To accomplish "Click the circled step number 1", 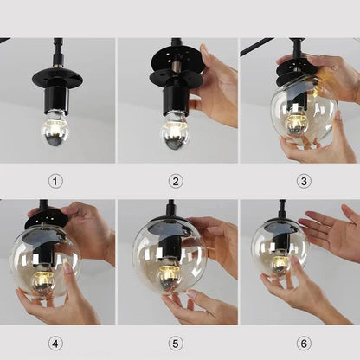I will [x=56, y=181].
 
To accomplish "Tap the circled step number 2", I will [x=177, y=181].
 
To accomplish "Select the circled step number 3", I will [x=303, y=181].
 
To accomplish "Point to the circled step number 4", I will [x=56, y=343].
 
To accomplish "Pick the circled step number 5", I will [x=177, y=343].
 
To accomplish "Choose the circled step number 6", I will [x=303, y=343].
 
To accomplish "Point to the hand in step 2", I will [x=215, y=87].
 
